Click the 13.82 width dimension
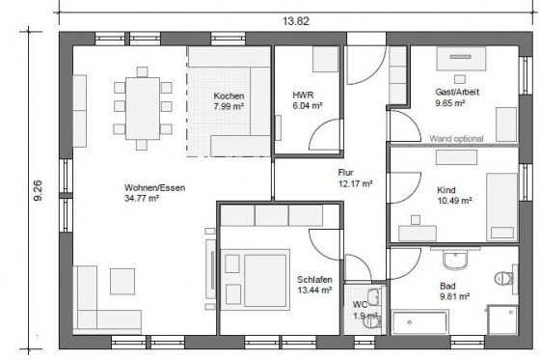coord(296,21)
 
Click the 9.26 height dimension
coord(38,190)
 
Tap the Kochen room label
coord(229,100)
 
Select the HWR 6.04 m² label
coord(308,100)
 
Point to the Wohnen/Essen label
coord(154,193)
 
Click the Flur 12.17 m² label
coord(355,178)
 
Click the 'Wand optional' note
coord(456,139)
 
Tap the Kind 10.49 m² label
coord(454,195)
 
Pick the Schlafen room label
coord(314,285)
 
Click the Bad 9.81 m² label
coord(454,291)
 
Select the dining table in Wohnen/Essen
coord(143,108)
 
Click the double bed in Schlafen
coord(256,280)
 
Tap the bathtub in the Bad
coord(420,322)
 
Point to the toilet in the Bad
coord(504,278)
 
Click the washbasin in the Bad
coord(455,260)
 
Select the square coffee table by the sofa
coord(122,282)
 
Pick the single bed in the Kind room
coord(501,207)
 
